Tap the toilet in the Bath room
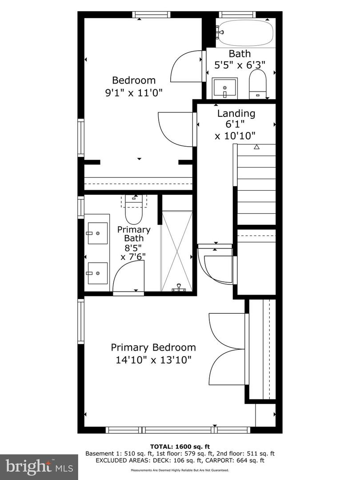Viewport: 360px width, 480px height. point(258,84)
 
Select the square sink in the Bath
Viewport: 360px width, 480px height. point(225,88)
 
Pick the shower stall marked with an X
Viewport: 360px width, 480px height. point(177,251)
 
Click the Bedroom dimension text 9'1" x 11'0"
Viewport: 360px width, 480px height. point(134,92)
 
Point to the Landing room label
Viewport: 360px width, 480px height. point(236,114)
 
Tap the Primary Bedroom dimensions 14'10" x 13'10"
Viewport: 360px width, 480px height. point(153,360)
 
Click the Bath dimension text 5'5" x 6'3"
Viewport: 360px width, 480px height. point(240,65)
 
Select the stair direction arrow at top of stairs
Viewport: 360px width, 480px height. point(257,147)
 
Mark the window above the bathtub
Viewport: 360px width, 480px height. point(237,14)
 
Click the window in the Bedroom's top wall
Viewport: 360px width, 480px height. point(151,14)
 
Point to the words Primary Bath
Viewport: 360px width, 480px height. point(134,234)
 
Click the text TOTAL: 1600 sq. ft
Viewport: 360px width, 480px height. point(180,447)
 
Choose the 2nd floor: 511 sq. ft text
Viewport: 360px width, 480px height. point(245,454)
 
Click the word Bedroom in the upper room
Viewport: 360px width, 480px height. point(134,80)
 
